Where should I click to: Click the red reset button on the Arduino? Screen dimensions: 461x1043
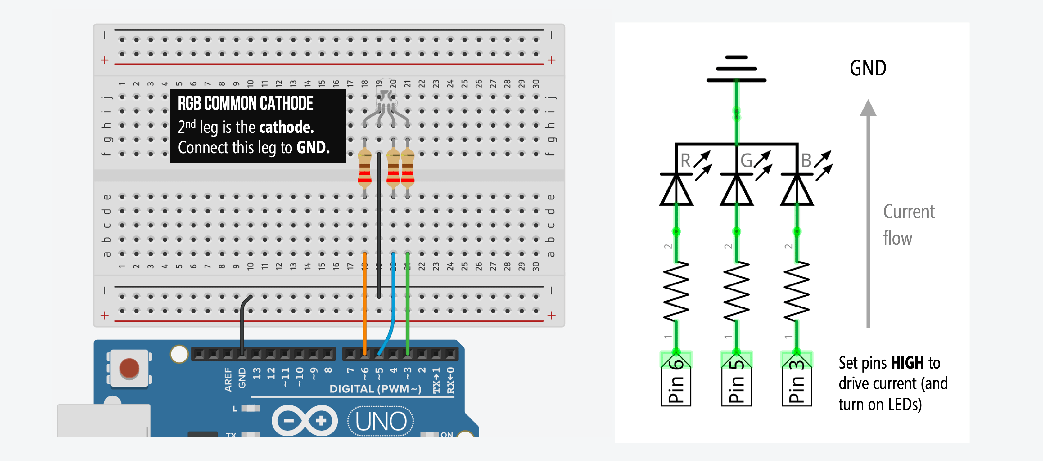(x=129, y=368)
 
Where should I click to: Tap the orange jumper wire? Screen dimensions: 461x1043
(x=364, y=303)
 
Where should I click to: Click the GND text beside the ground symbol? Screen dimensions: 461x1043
(x=868, y=68)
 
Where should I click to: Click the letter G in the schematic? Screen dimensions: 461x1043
(x=746, y=160)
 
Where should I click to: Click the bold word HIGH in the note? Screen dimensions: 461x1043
(x=907, y=363)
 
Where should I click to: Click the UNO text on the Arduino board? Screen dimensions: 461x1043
(x=381, y=422)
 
